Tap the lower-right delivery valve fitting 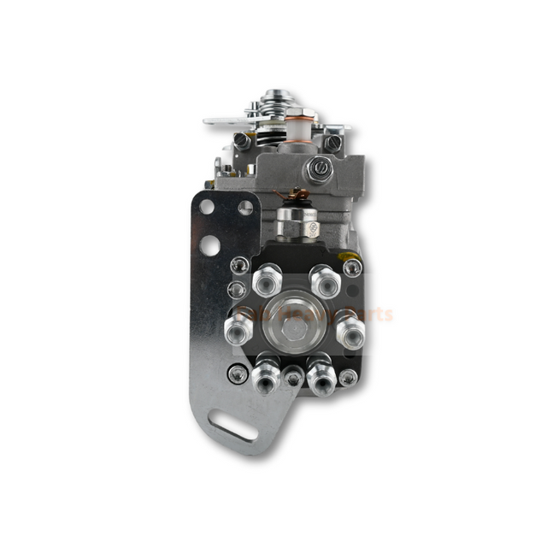[x=321, y=374]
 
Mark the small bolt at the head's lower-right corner [x=348, y=376]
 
